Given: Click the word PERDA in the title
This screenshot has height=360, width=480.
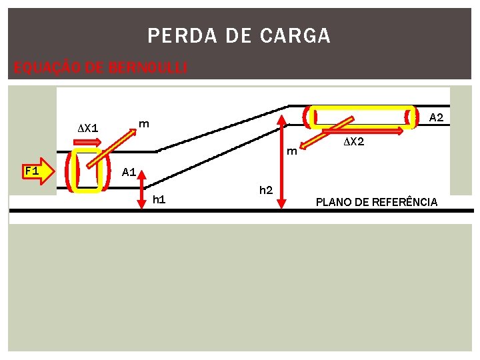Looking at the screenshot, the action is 170,36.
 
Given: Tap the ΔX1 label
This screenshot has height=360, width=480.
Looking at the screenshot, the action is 88,127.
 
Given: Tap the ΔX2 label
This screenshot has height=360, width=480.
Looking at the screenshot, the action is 353,142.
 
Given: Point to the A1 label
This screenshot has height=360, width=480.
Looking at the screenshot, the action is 129,173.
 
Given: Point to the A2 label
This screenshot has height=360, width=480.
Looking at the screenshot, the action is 436,117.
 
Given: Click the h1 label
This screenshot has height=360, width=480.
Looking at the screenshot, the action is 159,199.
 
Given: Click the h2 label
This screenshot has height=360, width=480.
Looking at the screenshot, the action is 265,191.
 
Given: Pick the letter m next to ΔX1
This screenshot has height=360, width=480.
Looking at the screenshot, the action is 143,123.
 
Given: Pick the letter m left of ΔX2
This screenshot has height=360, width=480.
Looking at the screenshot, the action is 291,151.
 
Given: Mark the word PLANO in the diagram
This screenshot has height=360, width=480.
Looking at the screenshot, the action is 332,202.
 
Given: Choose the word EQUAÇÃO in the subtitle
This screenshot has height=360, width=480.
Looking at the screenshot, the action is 40,67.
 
